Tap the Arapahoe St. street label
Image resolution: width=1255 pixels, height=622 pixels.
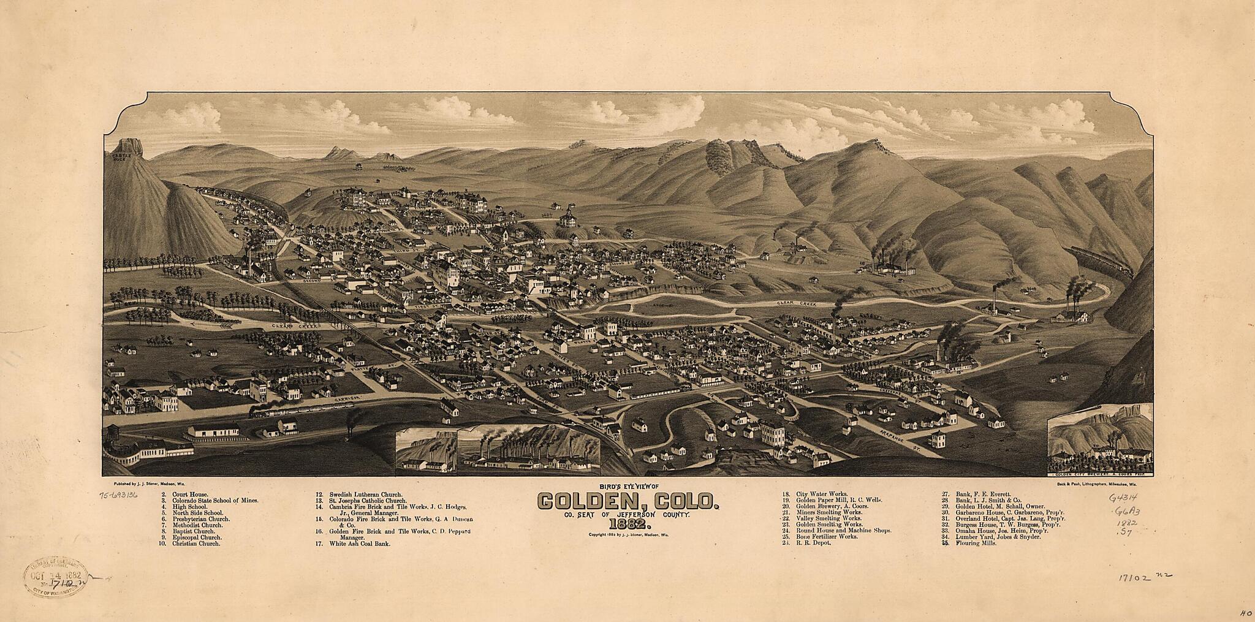[919, 440]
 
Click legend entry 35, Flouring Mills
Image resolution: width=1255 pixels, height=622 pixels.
[967, 544]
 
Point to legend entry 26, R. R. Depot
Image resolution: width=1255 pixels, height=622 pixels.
[802, 544]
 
